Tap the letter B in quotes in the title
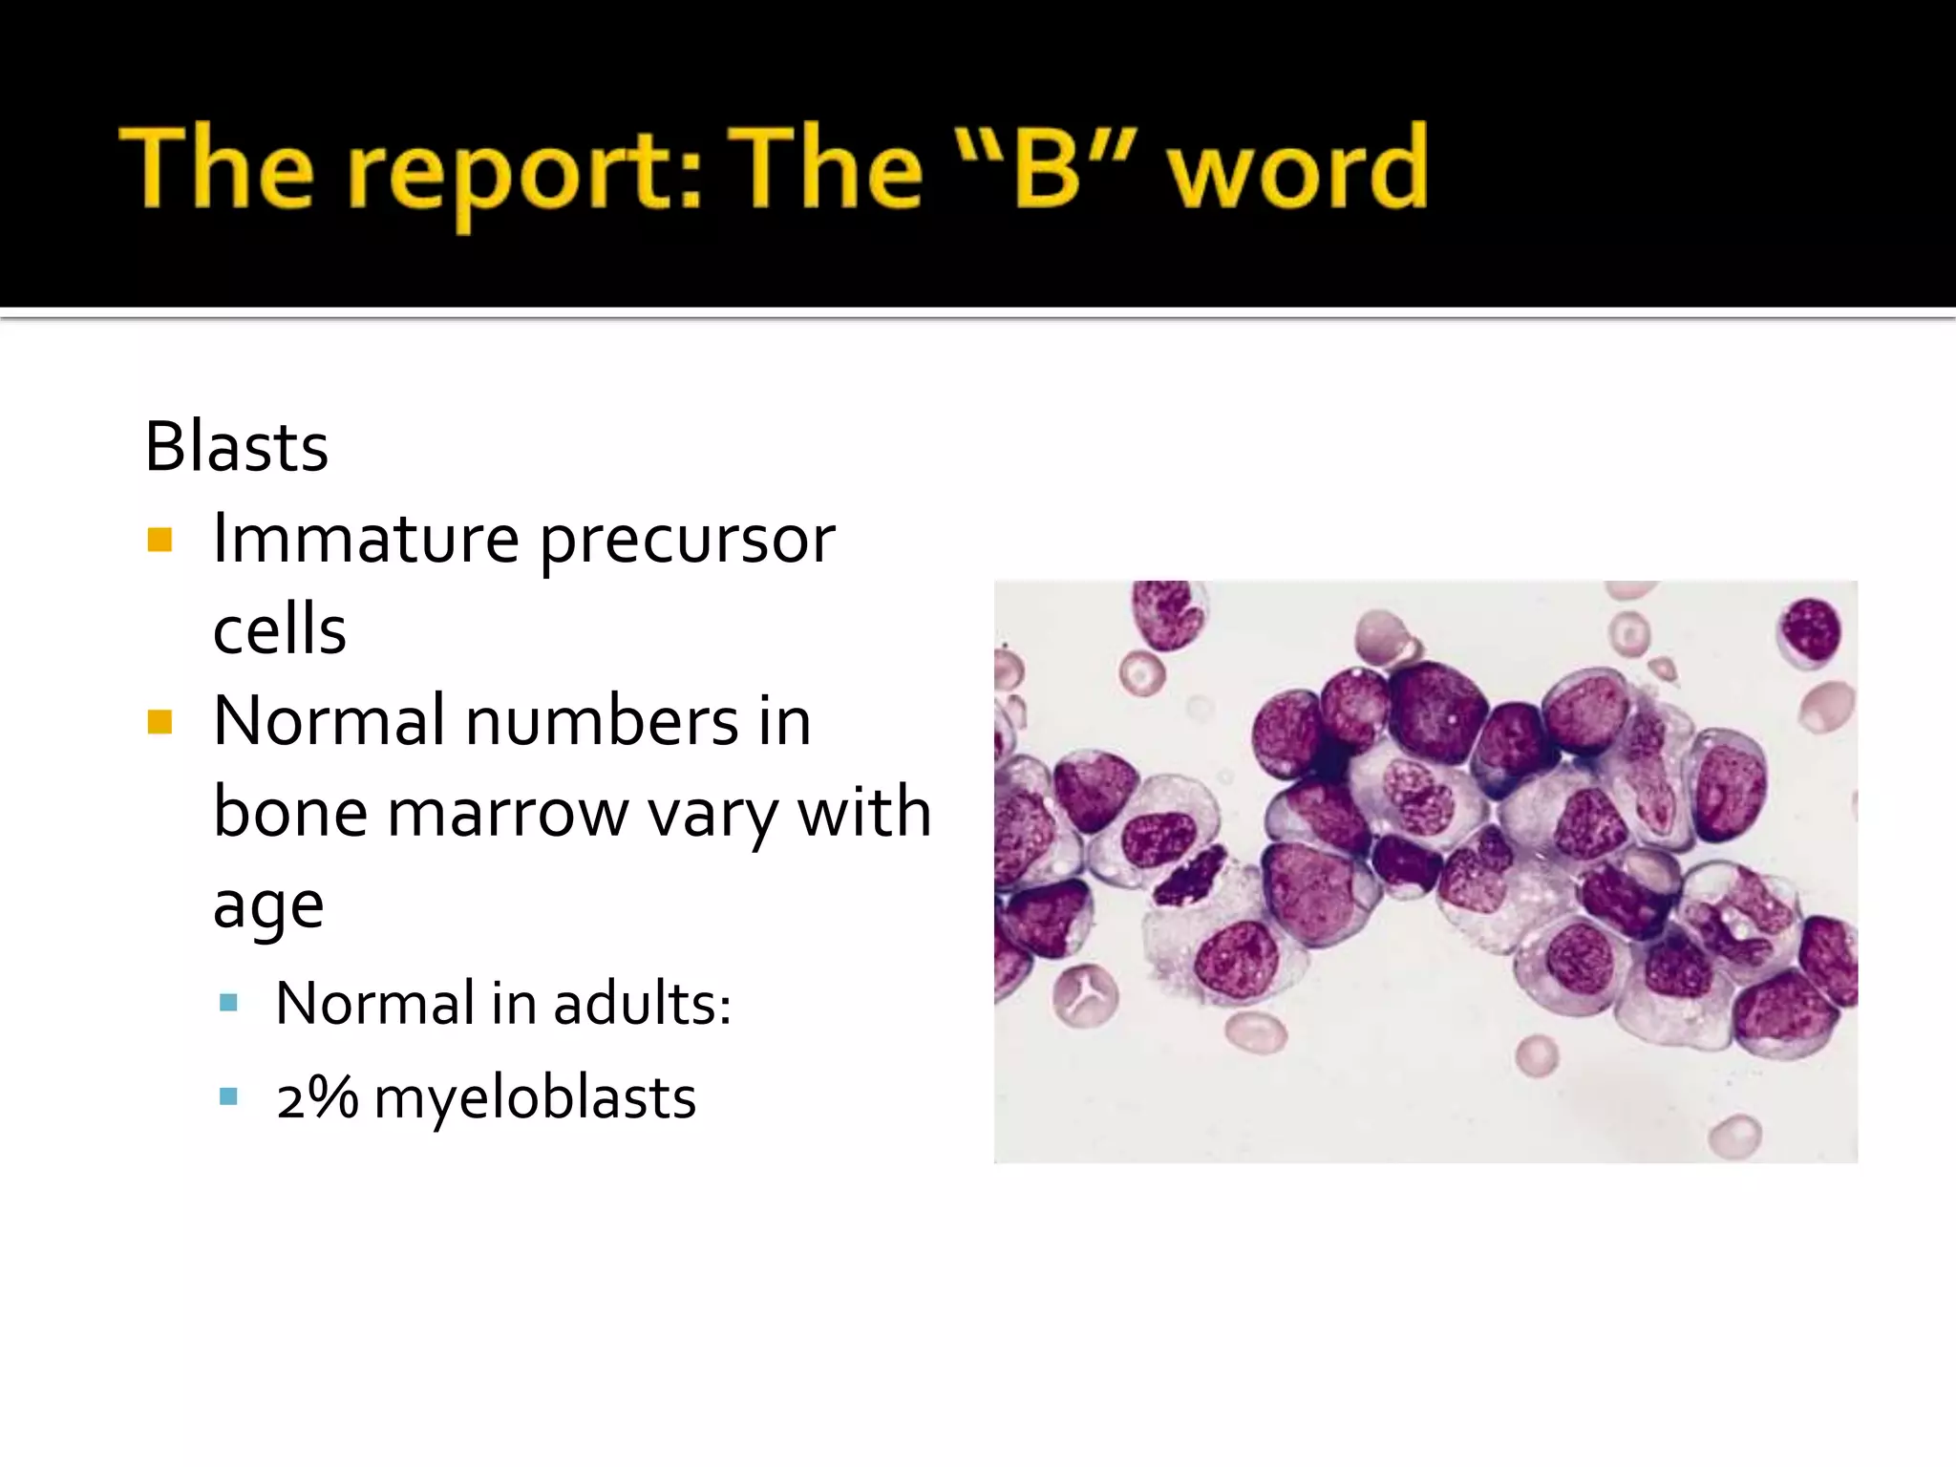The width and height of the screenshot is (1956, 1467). (x=1048, y=170)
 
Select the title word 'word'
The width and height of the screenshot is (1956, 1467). (x=1299, y=170)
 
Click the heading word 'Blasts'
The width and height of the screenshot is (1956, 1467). (x=236, y=446)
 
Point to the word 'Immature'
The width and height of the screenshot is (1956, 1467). (x=366, y=538)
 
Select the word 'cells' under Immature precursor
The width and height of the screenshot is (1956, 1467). (x=279, y=629)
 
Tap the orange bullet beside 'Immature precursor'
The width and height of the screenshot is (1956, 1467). (x=159, y=541)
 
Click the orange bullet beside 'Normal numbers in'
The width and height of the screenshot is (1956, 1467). (x=159, y=722)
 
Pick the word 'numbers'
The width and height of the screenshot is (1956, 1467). (x=601, y=720)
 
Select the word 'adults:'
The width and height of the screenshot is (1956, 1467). (x=641, y=1003)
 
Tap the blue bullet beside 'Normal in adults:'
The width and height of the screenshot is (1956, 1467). (x=228, y=1003)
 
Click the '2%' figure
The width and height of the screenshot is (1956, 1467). (x=317, y=1096)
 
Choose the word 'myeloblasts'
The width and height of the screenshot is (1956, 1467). (x=535, y=1097)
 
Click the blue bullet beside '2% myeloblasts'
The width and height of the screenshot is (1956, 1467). (x=228, y=1095)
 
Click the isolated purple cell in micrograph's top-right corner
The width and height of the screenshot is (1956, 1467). (x=1808, y=631)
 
